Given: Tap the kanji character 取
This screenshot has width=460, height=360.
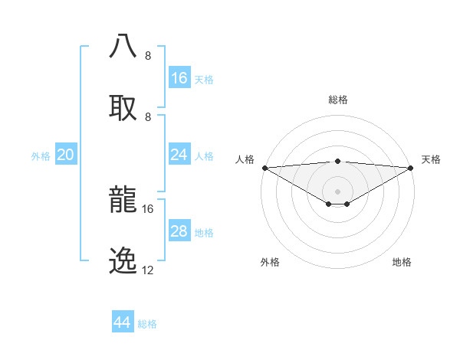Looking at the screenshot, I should [123, 106].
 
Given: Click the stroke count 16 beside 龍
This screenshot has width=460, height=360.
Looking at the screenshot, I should [148, 208].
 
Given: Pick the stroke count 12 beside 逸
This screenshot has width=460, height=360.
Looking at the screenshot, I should [148, 270].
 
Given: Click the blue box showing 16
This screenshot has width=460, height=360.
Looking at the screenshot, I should [179, 78].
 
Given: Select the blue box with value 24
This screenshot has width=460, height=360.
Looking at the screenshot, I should [179, 155].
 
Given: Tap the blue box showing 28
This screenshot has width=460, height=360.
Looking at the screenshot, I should [179, 231].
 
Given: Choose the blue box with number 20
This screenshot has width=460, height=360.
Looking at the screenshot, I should [66, 155].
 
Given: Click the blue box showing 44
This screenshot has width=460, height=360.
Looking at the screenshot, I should [123, 322].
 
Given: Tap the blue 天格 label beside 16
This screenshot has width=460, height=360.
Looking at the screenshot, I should [204, 79].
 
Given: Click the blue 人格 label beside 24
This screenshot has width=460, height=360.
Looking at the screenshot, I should [204, 155].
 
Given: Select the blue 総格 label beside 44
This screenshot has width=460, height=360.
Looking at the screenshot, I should [147, 324].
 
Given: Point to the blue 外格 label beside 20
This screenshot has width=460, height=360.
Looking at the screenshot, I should [41, 156].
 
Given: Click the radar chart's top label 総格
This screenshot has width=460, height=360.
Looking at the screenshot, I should [338, 100].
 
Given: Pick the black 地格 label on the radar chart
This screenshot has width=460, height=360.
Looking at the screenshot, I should [402, 262].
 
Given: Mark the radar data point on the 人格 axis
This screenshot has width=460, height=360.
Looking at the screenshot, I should [264, 168].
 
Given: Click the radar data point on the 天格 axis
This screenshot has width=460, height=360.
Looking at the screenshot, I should [411, 168].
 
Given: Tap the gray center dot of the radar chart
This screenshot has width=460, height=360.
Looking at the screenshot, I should [338, 191].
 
